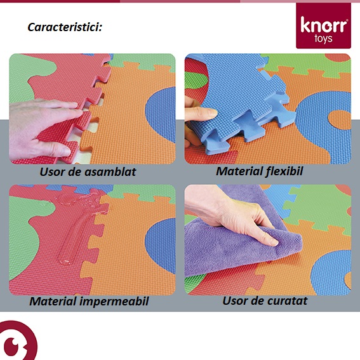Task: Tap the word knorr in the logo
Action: pyautogui.click(x=324, y=25)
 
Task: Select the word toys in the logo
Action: pyautogui.click(x=323, y=39)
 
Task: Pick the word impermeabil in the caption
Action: pyautogui.click(x=114, y=302)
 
